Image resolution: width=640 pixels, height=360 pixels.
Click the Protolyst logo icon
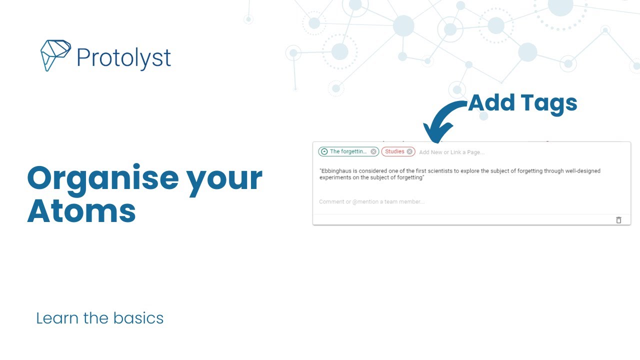55,55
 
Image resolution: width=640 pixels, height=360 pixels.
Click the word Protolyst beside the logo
123,58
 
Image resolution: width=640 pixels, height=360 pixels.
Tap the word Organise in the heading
102,179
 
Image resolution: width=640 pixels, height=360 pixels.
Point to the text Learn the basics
100,318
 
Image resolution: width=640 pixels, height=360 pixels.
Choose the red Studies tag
394,151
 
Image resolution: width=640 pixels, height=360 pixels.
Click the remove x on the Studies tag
409,151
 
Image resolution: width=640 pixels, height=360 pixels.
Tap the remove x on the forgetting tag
373,151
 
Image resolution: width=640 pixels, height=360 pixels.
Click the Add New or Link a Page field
452,152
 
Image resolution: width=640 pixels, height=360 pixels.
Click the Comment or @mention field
371,202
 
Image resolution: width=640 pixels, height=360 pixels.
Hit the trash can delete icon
618,220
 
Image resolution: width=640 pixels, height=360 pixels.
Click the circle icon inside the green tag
324,151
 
